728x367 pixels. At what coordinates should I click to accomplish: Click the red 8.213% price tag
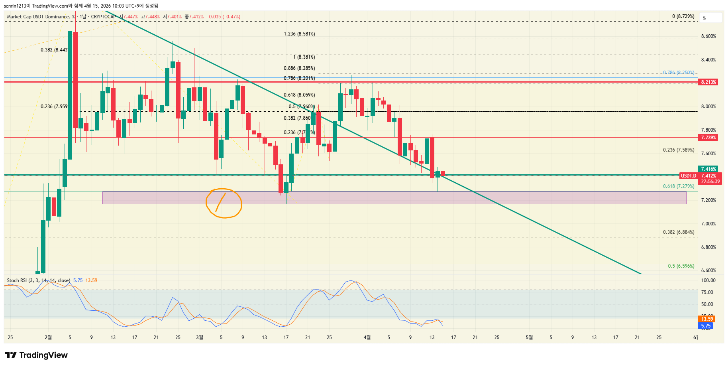(x=708, y=82)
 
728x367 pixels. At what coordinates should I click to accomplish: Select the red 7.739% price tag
(x=708, y=138)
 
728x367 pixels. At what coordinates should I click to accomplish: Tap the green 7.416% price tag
(x=708, y=169)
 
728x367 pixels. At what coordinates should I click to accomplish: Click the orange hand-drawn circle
(x=224, y=203)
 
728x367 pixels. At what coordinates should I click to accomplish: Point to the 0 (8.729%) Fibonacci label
(x=683, y=16)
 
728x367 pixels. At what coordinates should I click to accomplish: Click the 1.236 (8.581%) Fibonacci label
(x=299, y=34)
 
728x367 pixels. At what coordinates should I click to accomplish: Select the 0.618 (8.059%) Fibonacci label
(x=299, y=95)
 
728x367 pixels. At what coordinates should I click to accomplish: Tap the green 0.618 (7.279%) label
(x=678, y=186)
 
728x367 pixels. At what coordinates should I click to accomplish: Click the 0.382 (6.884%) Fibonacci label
(x=678, y=232)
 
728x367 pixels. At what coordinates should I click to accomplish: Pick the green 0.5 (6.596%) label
(x=681, y=266)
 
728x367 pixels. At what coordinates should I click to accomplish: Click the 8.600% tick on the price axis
(x=708, y=36)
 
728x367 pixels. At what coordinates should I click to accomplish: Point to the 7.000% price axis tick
(x=708, y=224)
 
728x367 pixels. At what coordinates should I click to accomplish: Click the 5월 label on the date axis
(x=529, y=337)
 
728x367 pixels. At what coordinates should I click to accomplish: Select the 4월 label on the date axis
(x=367, y=337)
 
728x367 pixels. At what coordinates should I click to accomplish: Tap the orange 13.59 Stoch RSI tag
(x=707, y=319)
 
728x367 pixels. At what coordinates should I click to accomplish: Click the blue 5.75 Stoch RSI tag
(x=706, y=326)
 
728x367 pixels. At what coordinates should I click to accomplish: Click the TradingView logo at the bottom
(x=36, y=355)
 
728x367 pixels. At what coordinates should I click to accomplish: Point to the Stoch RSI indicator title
(x=38, y=280)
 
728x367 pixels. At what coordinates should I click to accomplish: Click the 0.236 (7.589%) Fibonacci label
(x=678, y=150)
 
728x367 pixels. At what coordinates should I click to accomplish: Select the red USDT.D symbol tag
(x=689, y=176)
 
